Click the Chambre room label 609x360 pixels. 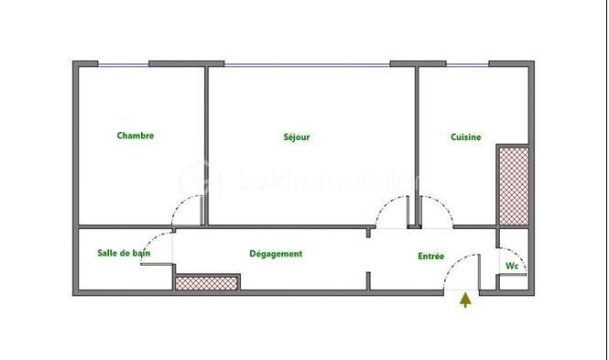(x=136, y=136)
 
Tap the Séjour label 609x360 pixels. (x=297, y=137)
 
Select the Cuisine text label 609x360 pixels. (x=466, y=137)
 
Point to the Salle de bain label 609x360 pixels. (x=124, y=253)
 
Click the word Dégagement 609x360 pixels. (x=276, y=254)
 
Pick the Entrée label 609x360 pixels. (x=430, y=256)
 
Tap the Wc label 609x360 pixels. (x=512, y=266)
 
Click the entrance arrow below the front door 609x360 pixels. (x=466, y=300)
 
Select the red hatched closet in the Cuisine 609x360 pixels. (x=513, y=185)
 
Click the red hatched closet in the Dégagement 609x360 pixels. (x=207, y=283)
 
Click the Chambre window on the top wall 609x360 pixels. (x=123, y=63)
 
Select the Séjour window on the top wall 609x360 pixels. (x=307, y=63)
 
